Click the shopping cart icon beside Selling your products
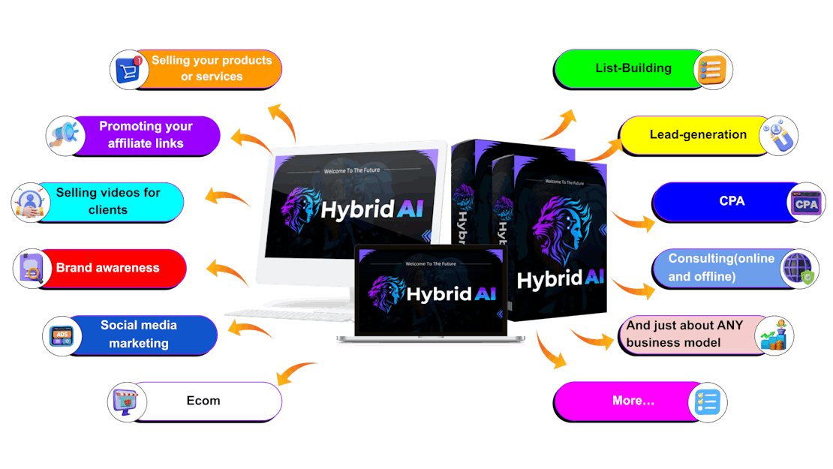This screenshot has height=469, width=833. click(128, 70)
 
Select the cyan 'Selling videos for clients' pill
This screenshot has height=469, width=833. click(108, 202)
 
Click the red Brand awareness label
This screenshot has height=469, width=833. click(108, 268)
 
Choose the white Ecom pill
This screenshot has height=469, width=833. click(203, 401)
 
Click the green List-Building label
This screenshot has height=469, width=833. click(633, 68)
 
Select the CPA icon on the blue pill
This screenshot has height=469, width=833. click(806, 203)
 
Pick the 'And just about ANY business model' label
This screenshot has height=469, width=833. click(684, 334)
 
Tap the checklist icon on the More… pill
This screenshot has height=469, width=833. click(708, 401)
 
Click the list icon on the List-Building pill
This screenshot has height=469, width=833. click(711, 70)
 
